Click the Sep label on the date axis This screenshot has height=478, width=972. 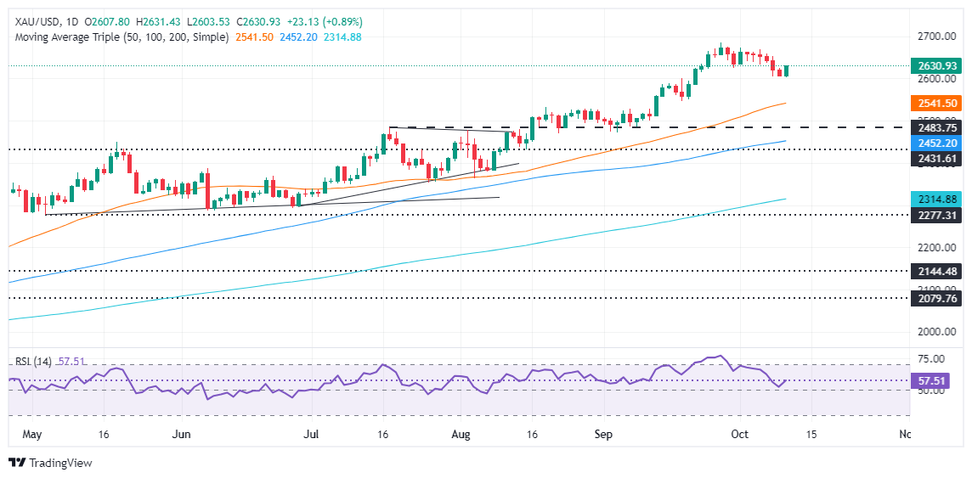pos(603,434)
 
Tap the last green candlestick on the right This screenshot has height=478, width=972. pos(786,70)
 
